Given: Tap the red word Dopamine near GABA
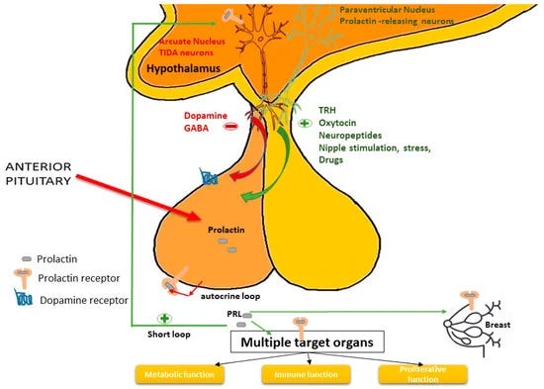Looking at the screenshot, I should click(203, 115).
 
